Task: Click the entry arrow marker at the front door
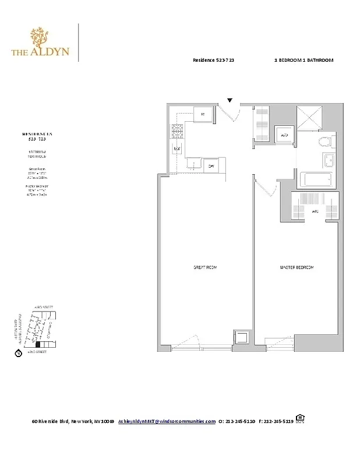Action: pos(230,101)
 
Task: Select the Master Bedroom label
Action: pos(297,267)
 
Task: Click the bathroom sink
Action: pos(327,161)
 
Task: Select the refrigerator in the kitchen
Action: pos(202,114)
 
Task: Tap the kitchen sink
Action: pos(194,165)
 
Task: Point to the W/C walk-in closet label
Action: pos(314,211)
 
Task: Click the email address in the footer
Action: pos(167,421)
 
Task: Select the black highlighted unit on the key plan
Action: pos(38,345)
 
